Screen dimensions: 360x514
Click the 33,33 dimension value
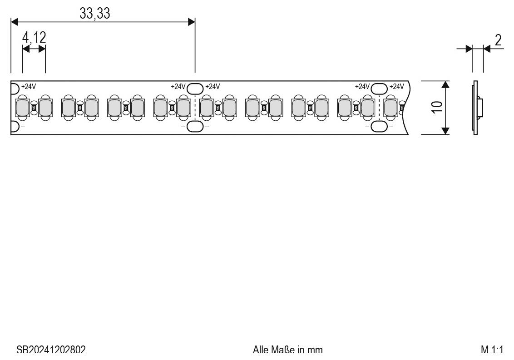coord(95,14)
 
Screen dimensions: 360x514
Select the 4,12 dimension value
coord(34,38)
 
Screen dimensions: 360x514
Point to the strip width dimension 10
coord(436,108)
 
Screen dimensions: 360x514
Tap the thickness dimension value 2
coord(498,40)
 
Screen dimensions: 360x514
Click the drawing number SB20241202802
coord(51,350)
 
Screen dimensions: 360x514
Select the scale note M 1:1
coord(492,350)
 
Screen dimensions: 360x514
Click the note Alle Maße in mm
coord(288,350)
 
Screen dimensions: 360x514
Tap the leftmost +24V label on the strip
coord(29,86)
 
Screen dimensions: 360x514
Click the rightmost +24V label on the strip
coord(396,86)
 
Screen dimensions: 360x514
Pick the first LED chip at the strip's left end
coord(22,108)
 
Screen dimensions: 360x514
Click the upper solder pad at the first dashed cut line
coord(195,88)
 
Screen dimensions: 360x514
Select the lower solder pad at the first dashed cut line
coord(195,127)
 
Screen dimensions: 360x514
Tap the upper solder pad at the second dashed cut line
coord(379,88)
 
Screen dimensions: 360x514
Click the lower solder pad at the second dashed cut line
coord(379,127)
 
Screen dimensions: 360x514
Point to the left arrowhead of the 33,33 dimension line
coord(14,22)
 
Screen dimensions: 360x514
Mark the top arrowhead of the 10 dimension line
coord(445,84)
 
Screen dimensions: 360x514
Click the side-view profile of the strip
coord(476,108)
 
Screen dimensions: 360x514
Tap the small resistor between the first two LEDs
coord(34,108)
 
